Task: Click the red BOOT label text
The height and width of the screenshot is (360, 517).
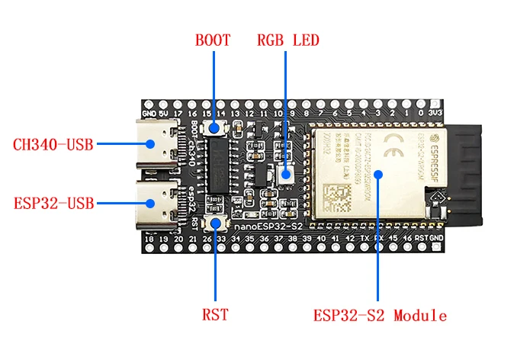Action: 213,40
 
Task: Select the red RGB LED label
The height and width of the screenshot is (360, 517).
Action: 287,40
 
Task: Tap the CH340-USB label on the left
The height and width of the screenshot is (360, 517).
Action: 53,143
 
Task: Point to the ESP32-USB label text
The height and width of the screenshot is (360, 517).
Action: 53,204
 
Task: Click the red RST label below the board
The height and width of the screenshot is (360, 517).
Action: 215,313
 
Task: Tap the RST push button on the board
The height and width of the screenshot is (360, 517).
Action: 216,223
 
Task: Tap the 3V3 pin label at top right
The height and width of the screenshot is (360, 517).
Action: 436,112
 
